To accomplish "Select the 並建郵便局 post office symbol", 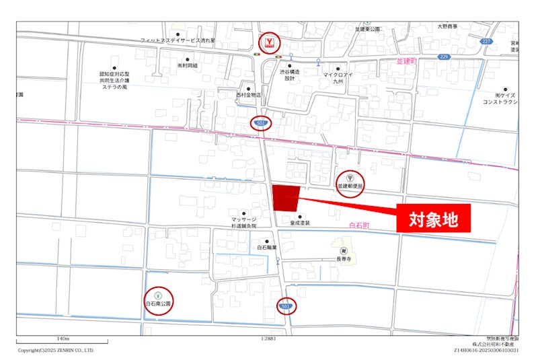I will tap(350, 177).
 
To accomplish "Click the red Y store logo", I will tap(270, 43).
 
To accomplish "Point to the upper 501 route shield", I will tap(260, 123).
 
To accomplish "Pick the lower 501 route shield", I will tap(286, 307).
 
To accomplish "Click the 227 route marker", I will tap(486, 41).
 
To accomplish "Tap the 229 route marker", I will tap(443, 57).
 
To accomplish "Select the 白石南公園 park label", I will tap(159, 304).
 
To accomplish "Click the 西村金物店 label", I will tap(247, 95).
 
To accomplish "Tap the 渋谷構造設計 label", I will tap(289, 74).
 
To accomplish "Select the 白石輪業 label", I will tap(267, 248).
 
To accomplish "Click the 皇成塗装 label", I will tap(300, 222).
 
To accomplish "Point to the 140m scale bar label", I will tap(65, 339).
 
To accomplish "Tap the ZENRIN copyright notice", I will tap(56, 350).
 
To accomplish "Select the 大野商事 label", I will tap(447, 26).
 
